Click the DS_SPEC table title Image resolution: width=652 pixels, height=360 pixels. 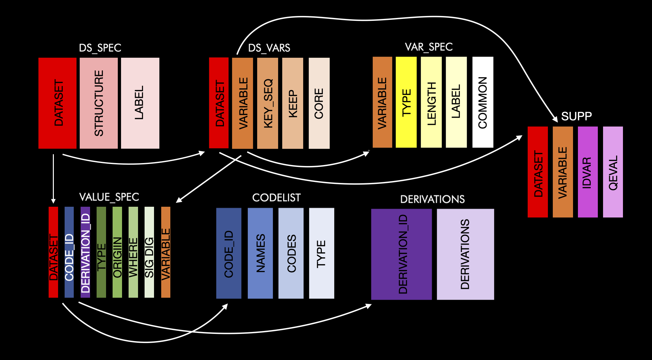tap(100, 48)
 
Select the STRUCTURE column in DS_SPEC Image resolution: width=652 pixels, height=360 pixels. tap(99, 103)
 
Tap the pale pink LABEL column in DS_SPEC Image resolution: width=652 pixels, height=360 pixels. tap(140, 103)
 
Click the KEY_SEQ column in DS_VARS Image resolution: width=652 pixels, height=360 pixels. tap(268, 103)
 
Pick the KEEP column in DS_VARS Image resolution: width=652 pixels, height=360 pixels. tap(293, 103)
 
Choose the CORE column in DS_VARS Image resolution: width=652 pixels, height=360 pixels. tap(319, 103)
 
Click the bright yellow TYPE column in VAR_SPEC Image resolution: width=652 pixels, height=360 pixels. tap(406, 102)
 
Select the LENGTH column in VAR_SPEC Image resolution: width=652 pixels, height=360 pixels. tap(431, 102)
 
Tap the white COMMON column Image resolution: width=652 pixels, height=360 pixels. tap(483, 102)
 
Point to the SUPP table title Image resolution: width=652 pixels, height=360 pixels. tap(576, 116)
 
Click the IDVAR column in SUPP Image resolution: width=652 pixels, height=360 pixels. tap(587, 172)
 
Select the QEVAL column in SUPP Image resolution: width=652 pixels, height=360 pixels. tap(613, 172)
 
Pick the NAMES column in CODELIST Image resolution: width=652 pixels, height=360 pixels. tap(260, 253)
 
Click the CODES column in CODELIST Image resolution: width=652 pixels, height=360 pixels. tap(291, 253)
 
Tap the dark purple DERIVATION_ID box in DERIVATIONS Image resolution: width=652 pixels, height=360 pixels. tap(401, 254)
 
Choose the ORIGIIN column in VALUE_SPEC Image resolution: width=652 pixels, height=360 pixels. tap(117, 252)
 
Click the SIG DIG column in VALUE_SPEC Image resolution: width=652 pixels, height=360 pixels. tap(149, 252)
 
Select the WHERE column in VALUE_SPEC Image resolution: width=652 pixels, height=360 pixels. tap(133, 252)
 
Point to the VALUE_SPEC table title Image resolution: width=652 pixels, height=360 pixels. tap(109, 197)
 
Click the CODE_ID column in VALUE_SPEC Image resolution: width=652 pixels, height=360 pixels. tap(69, 252)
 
